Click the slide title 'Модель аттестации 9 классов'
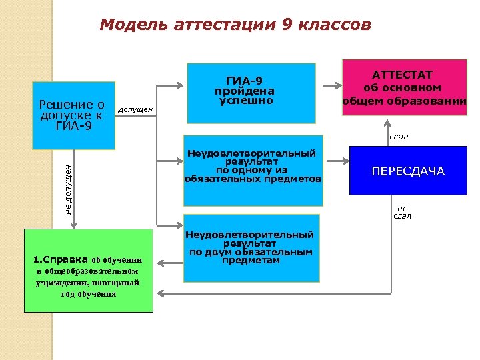235,25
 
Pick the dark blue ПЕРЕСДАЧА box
407,171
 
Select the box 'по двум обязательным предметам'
251,247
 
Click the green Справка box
88,271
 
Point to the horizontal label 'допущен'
135,109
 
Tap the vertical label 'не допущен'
69,189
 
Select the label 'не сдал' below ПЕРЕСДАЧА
402,211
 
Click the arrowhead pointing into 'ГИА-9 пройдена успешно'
183,85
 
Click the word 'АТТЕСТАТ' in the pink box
403,74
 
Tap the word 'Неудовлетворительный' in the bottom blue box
250,235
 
